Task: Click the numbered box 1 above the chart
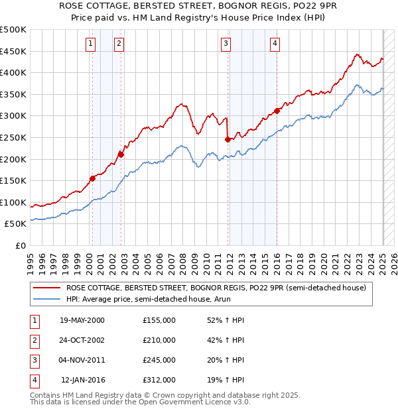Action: click(x=90, y=44)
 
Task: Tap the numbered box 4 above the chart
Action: click(x=275, y=44)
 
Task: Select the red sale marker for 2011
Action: click(x=228, y=139)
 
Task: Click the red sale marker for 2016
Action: click(x=277, y=111)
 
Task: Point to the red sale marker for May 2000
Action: click(x=92, y=178)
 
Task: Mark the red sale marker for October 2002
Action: click(x=121, y=154)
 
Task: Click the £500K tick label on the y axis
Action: click(x=13, y=30)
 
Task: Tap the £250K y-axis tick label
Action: click(x=13, y=137)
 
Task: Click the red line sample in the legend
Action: click(x=46, y=288)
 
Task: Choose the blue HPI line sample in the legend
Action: click(x=46, y=300)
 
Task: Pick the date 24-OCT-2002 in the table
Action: click(x=82, y=340)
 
